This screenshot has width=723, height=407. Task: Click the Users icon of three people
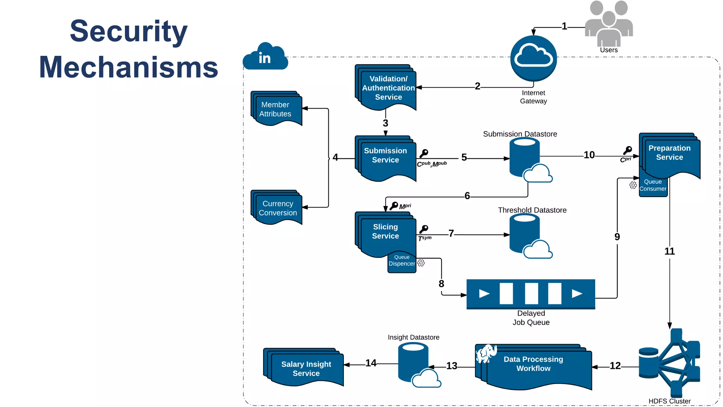click(x=609, y=23)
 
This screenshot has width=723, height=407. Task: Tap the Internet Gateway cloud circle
click(x=533, y=58)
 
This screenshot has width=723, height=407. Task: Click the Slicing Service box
click(x=386, y=233)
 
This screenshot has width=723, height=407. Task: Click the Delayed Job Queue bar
click(x=531, y=294)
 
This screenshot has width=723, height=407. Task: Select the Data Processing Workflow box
click(x=534, y=366)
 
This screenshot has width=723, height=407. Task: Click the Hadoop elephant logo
click(x=486, y=354)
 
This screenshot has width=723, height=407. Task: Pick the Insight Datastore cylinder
click(x=413, y=362)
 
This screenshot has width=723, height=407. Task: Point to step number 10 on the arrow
click(x=589, y=155)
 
